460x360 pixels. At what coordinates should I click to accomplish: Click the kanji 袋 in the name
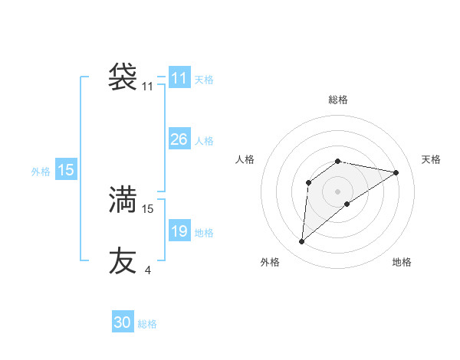click(123, 77)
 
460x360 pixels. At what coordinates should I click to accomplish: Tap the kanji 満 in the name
click(123, 199)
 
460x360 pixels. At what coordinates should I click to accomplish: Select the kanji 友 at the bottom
click(123, 260)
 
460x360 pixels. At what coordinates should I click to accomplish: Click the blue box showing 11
click(179, 78)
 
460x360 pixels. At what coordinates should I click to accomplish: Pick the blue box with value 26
click(179, 139)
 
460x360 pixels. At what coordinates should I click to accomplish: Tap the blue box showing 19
click(179, 231)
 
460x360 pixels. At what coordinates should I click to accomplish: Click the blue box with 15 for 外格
click(66, 170)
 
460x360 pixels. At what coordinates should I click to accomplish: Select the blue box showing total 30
click(123, 322)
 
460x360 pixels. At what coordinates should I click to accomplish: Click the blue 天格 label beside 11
click(204, 79)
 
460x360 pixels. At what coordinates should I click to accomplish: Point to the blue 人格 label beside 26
click(204, 141)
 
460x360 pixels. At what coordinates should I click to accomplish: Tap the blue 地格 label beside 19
click(204, 233)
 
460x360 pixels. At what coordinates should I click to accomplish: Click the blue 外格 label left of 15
click(41, 172)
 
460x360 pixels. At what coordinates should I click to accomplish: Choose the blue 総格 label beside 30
click(147, 324)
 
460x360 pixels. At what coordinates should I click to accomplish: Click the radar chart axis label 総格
click(338, 100)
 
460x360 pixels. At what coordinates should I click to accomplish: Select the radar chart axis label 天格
click(431, 159)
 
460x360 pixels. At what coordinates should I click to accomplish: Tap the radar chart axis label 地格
click(402, 262)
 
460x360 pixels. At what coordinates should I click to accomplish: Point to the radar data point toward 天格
click(396, 172)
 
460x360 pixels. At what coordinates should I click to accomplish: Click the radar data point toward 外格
click(301, 242)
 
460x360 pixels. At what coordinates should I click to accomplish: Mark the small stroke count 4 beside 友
click(147, 270)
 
